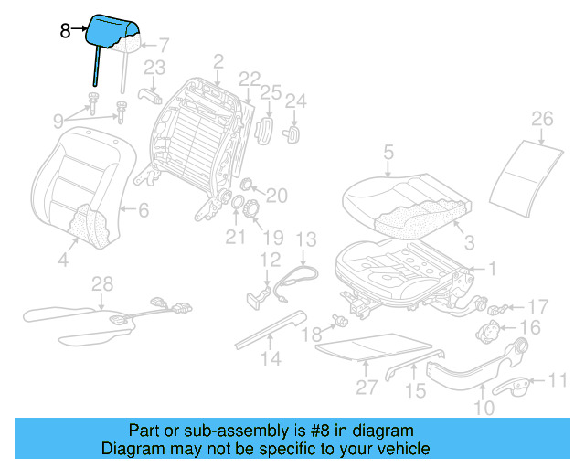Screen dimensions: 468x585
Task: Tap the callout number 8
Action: click(64, 30)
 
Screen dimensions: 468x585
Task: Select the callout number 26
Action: click(542, 119)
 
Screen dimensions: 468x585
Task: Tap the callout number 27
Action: click(367, 387)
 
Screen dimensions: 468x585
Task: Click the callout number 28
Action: click(101, 285)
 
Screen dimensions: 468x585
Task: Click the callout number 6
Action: click(144, 210)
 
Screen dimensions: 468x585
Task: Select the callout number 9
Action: click(58, 120)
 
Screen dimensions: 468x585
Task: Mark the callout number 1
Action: click(492, 269)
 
